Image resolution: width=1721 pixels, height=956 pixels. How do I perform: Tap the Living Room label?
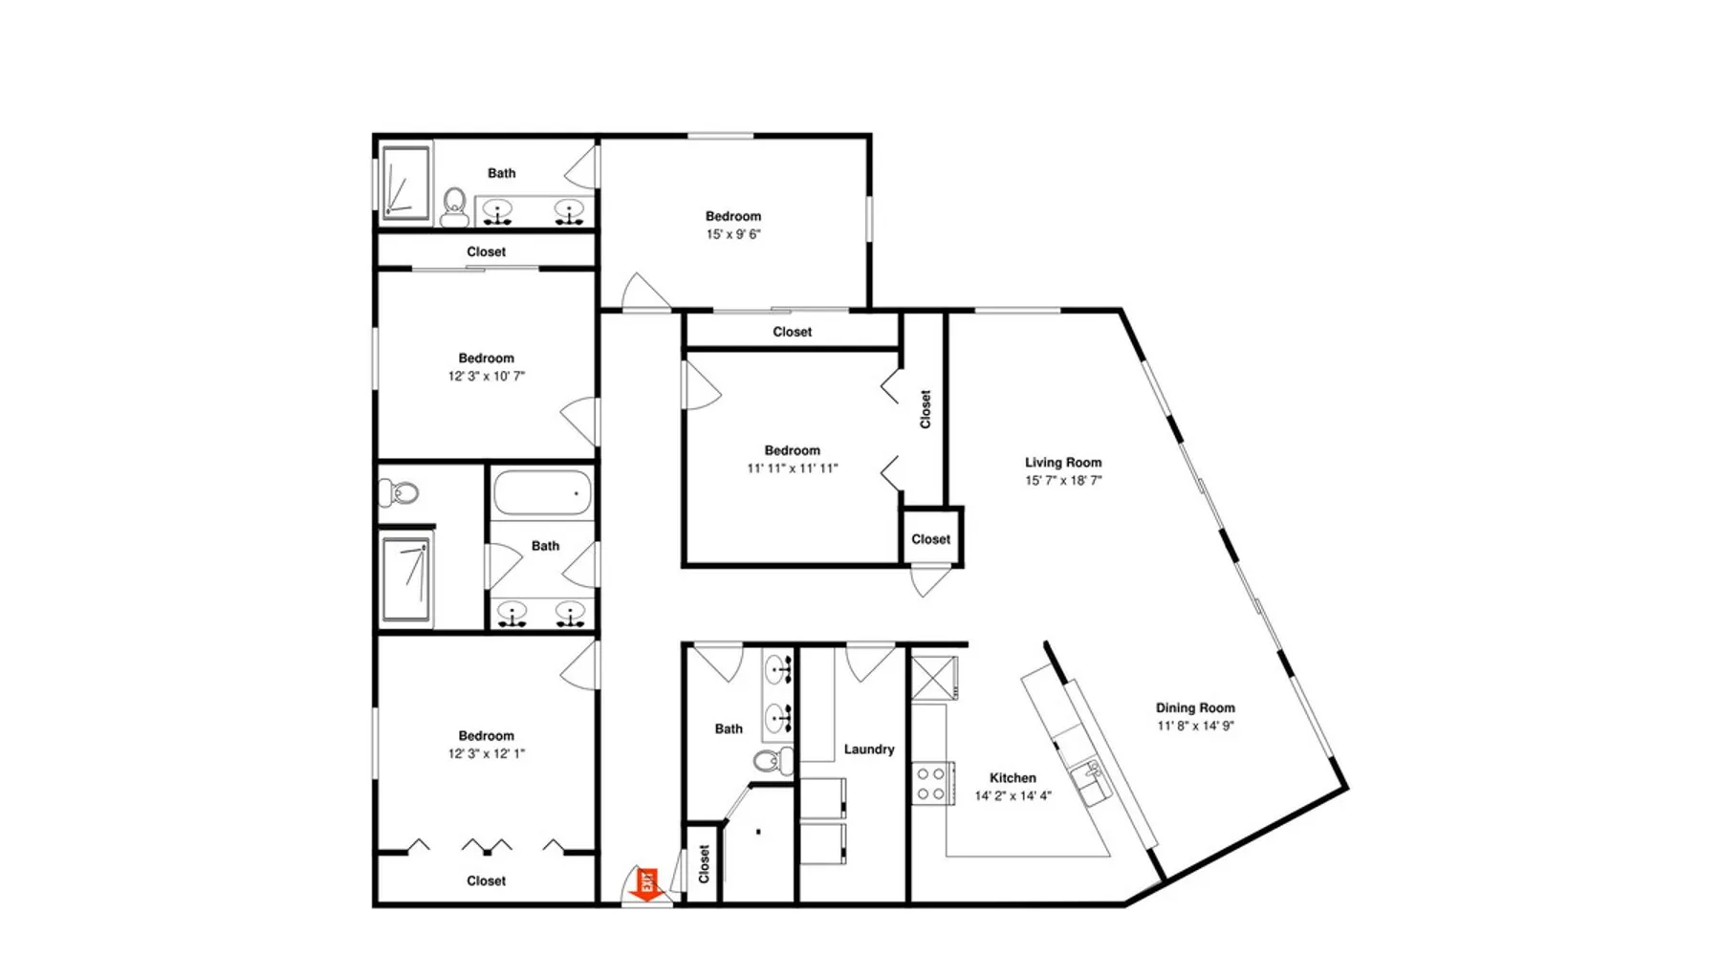coord(1063,463)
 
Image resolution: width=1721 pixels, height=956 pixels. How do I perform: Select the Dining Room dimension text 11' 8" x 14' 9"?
coord(1195,726)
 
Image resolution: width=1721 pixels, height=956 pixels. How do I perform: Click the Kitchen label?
coord(1013,778)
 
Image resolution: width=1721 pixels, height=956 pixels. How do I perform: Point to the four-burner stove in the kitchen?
coord(932,783)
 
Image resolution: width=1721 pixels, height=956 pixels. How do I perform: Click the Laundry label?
coord(869,750)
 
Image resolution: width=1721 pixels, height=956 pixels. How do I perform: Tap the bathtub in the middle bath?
coord(542,494)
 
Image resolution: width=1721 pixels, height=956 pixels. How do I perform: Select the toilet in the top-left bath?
coord(454,206)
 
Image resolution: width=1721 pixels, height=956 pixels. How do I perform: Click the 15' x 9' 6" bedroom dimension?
coord(733,234)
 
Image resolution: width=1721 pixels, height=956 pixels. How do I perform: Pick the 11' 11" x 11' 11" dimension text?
coord(793,468)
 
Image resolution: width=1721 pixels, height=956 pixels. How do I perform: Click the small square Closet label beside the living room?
coord(931,539)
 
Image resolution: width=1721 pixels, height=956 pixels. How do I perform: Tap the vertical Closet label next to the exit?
coord(705,863)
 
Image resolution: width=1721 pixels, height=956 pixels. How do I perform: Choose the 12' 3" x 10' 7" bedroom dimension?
coord(487,376)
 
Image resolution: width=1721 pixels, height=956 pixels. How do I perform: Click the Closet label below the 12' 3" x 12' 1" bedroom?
coord(487,880)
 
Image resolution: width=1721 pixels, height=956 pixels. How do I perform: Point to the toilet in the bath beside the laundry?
coord(773,761)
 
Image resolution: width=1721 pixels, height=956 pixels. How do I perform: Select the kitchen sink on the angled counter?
coord(1090,781)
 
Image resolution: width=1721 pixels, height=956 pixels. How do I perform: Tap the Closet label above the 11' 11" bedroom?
coord(793,332)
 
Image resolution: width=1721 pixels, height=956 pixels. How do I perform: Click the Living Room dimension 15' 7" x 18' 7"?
coord(1063,481)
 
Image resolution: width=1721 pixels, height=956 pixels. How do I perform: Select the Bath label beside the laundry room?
coord(729,728)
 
